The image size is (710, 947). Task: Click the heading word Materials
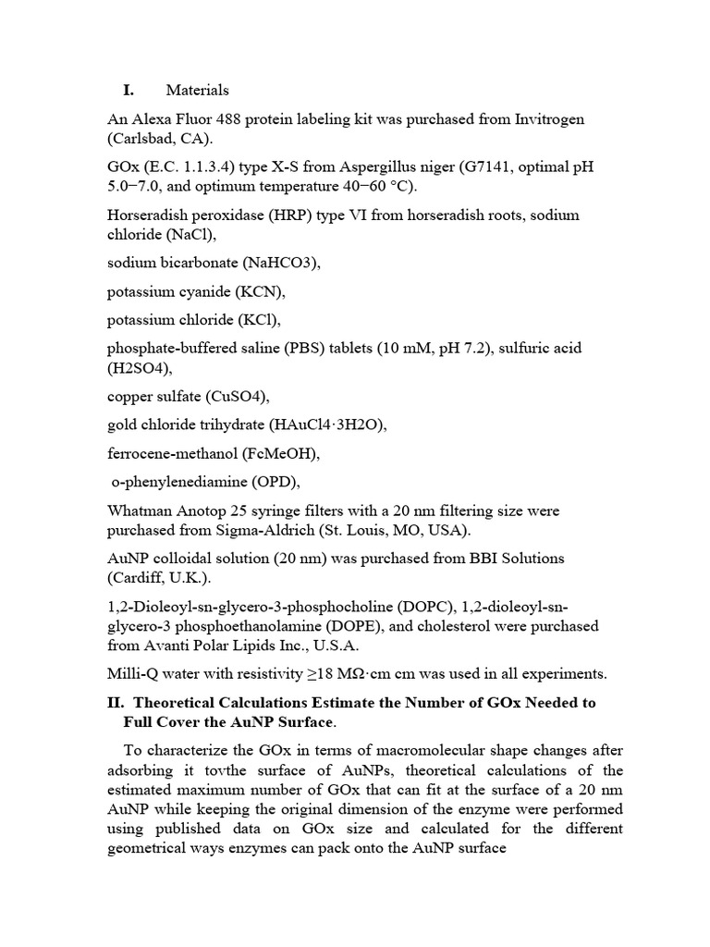pos(197,90)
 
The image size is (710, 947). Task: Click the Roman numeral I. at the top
pos(129,90)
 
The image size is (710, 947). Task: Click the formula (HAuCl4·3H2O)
pos(326,425)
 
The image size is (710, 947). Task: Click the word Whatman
pos(140,511)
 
